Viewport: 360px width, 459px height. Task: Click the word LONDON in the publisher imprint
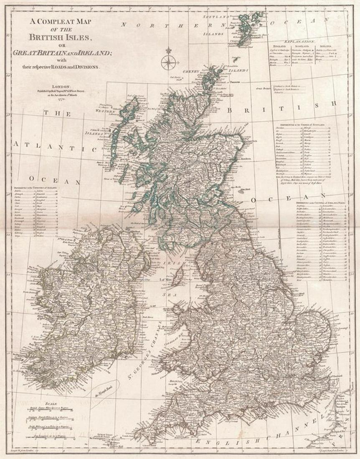pos(56,83)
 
